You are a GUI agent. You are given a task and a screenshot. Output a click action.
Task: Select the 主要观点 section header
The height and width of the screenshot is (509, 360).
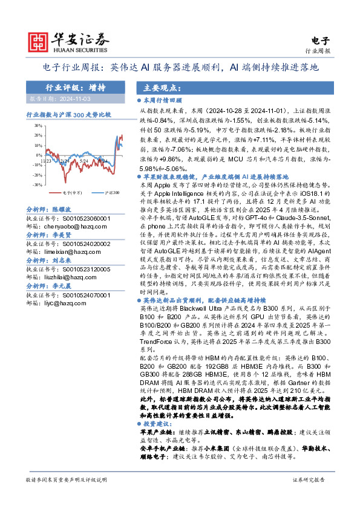pyautogui.click(x=160, y=87)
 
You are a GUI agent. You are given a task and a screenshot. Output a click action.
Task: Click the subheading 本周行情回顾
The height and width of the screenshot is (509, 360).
pyautogui.click(x=162, y=102)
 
